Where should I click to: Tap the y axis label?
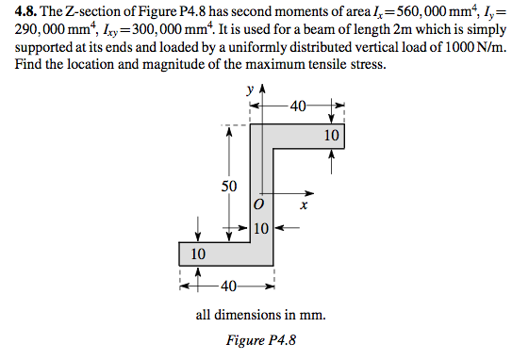tap(249, 90)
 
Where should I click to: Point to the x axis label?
tap(304, 204)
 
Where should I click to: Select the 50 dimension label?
tap(229, 186)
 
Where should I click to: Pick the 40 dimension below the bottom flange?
tap(226, 286)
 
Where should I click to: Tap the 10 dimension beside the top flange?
tap(330, 137)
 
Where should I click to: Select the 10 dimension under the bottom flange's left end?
tap(197, 254)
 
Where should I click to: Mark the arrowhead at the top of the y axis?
tap(261, 90)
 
